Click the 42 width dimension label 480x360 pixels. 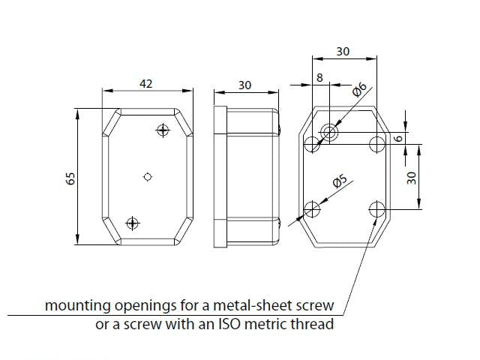[146, 83]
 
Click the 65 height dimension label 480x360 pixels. [70, 178]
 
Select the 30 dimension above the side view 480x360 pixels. [245, 85]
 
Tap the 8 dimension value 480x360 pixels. [319, 77]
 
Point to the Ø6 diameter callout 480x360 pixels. [359, 89]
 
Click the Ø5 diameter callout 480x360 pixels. [340, 181]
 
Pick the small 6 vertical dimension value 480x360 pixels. [398, 138]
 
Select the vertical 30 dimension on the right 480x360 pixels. [412, 178]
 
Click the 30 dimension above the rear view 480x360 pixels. [343, 52]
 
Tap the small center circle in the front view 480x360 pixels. [148, 177]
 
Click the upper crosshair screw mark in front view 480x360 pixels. [163, 130]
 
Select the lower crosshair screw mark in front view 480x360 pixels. [132, 223]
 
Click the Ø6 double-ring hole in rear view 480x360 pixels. [329, 132]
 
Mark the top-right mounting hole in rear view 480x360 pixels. [376, 144]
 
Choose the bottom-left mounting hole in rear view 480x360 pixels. [312, 209]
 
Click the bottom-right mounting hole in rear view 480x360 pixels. [376, 209]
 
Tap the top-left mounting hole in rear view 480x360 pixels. [312, 144]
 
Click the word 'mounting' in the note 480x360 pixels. [78, 306]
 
